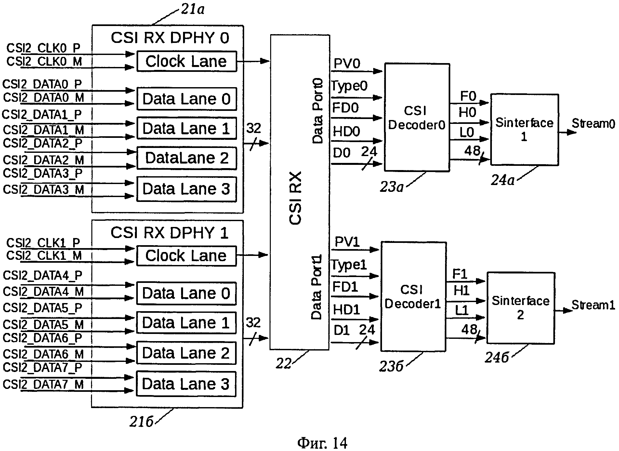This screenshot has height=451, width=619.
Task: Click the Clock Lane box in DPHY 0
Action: click(187, 61)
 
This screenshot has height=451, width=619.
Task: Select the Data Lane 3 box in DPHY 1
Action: click(186, 384)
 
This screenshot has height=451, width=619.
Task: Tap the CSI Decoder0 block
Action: click(417, 117)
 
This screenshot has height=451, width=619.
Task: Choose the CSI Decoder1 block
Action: click(413, 296)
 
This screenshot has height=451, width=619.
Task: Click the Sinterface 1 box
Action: click(524, 129)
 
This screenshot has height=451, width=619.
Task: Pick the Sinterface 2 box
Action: click(520, 308)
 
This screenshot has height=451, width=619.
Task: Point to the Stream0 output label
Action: click(593, 124)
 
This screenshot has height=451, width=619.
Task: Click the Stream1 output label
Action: click(593, 305)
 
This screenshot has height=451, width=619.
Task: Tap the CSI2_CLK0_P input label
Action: click(43, 48)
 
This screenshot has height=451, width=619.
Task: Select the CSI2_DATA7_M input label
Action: click(43, 384)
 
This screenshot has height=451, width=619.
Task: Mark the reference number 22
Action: click(283, 363)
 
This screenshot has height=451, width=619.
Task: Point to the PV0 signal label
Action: click(347, 64)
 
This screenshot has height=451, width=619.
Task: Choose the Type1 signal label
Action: click(349, 265)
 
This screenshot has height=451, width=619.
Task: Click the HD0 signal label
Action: click(347, 131)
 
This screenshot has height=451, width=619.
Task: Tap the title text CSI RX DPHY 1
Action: click(169, 233)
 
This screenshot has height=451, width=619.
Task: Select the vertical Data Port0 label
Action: click(318, 111)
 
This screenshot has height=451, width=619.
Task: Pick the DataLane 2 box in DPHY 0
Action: click(187, 158)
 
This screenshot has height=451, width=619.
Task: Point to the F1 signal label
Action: click(460, 274)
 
